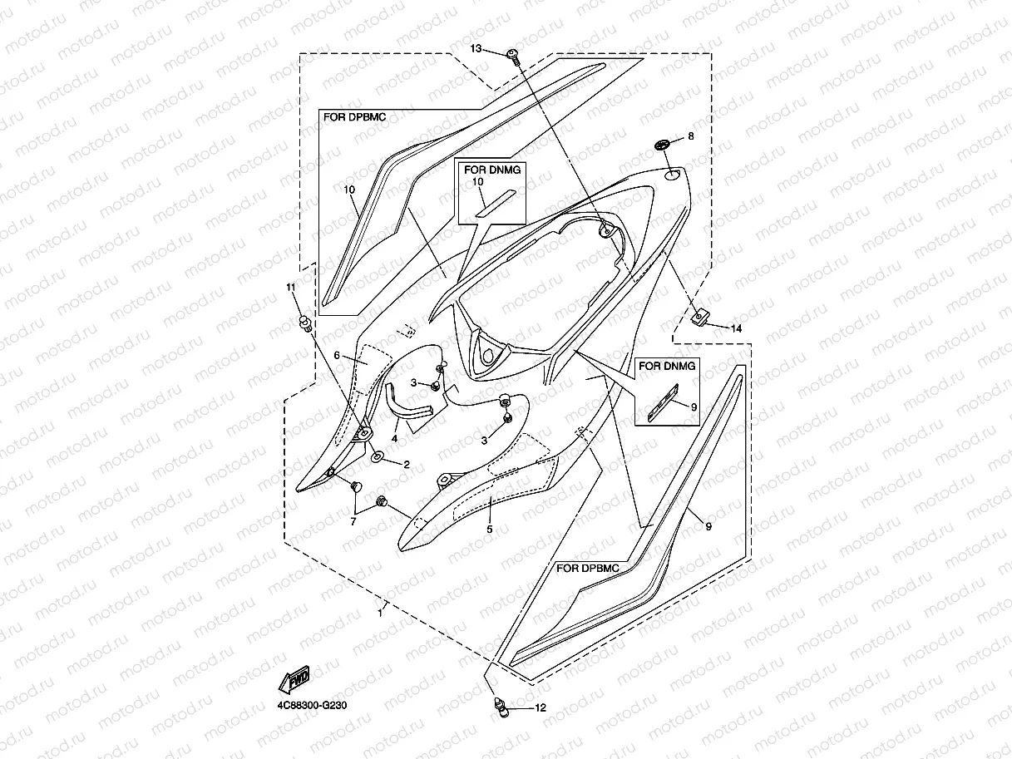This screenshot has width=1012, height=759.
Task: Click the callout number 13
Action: point(476,48)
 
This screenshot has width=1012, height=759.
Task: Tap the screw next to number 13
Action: point(513,57)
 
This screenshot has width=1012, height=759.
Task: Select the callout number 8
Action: point(691,136)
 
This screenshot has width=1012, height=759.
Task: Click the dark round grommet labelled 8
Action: point(662,145)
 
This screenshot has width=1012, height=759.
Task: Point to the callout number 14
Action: point(736,328)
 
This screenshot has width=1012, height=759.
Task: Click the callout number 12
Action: point(541,707)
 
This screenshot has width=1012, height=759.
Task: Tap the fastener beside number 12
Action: point(501,707)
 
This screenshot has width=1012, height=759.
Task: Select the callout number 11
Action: point(290,287)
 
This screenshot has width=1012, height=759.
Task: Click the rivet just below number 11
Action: point(305,323)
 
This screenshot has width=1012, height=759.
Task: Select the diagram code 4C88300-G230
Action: point(312,705)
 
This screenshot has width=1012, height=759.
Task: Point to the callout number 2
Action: point(407,465)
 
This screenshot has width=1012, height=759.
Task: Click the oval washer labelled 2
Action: point(377,456)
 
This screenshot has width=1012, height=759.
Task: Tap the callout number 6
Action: point(337,355)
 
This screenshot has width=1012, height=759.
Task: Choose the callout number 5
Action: point(490,530)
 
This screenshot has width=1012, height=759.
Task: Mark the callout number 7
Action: point(353,522)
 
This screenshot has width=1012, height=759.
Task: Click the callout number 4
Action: point(394,439)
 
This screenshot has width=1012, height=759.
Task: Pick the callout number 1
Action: point(380,614)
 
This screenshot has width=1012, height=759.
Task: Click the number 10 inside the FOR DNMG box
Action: point(477,182)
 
